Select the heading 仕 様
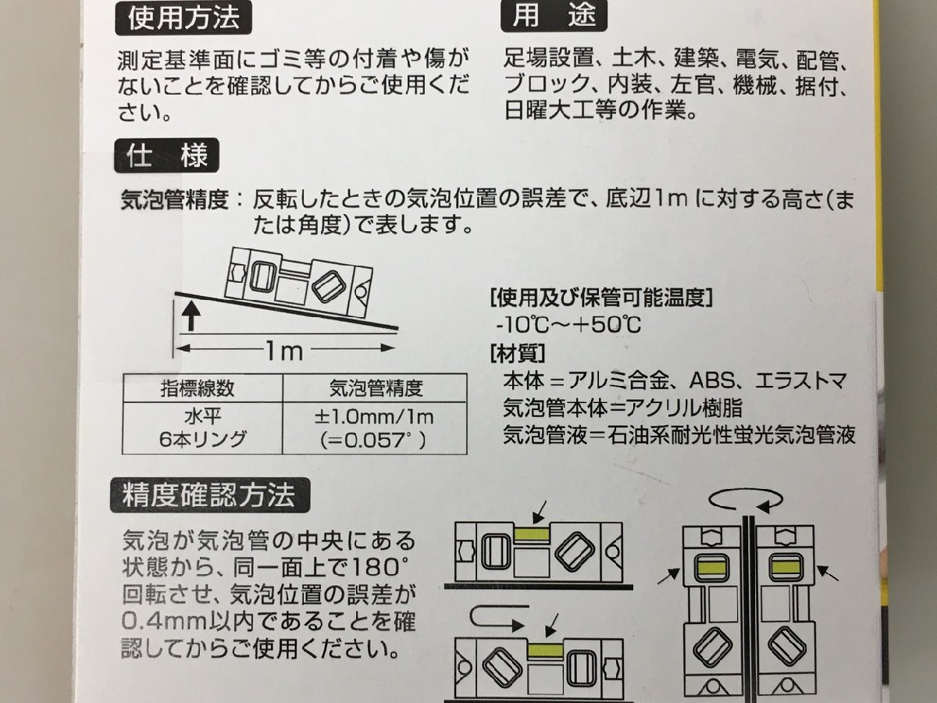click(x=167, y=157)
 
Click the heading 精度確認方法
click(x=208, y=495)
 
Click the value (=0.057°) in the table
click(x=374, y=440)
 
